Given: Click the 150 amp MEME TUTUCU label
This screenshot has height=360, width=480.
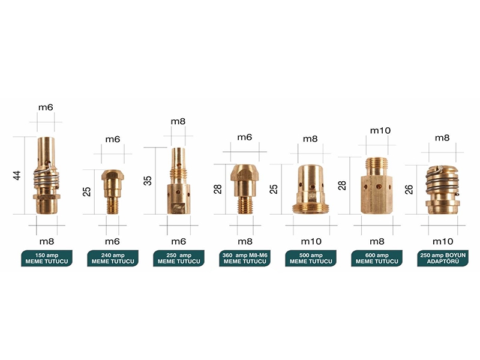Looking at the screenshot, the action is (47, 259).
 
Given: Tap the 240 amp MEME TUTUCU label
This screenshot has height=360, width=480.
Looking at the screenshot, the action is (113, 259).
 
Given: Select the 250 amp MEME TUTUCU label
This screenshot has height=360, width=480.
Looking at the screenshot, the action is (179, 259).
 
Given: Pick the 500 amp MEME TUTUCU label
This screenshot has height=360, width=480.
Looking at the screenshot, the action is (311, 259).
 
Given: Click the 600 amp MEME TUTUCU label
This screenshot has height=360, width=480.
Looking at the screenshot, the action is (377, 259).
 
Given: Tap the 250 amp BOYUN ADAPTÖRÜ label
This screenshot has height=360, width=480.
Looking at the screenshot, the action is (443, 259).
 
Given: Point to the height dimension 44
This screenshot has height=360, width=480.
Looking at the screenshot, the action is (17, 175).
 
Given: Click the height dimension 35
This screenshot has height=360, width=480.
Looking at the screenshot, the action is (148, 181).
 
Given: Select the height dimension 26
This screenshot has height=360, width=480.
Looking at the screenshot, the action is (409, 190).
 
